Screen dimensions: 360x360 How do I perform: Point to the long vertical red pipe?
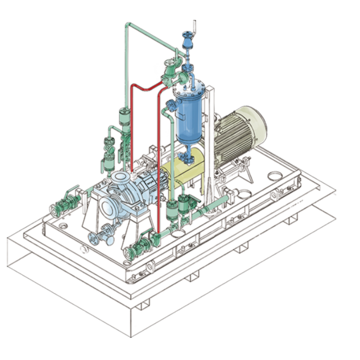pyautogui.click(x=159, y=165)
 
